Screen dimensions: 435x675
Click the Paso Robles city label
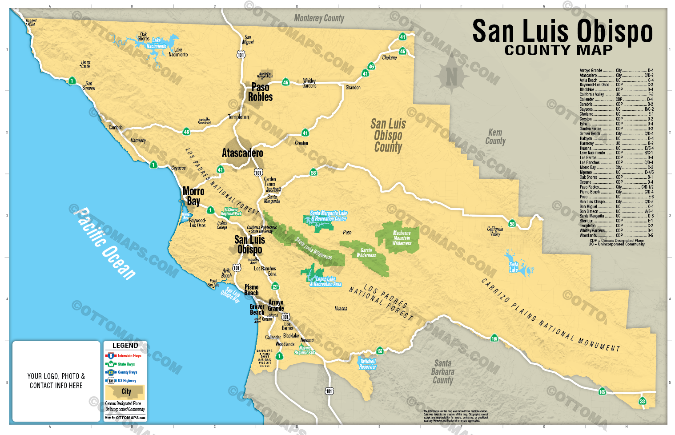(260, 92)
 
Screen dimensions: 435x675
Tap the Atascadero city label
(242, 153)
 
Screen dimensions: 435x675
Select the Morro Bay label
(193, 196)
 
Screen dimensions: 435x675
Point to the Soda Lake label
(514, 267)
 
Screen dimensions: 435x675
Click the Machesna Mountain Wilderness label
(402, 238)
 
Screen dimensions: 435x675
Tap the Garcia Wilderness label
(366, 253)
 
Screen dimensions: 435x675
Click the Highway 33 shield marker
(642, 401)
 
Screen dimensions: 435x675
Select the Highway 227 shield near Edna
(275, 286)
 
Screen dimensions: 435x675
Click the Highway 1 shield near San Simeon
(72, 81)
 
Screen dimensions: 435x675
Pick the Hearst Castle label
(85, 64)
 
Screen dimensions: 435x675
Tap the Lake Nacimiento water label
(157, 43)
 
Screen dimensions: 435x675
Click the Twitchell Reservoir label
(368, 364)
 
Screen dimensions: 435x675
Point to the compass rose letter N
(451, 77)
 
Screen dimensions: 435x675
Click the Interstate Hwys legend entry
(129, 356)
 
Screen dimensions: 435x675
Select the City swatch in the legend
(125, 392)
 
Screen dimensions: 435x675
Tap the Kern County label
(495, 137)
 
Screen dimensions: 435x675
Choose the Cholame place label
(389, 58)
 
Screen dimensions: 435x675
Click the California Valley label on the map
(495, 231)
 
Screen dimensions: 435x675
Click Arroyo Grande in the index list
(591, 70)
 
